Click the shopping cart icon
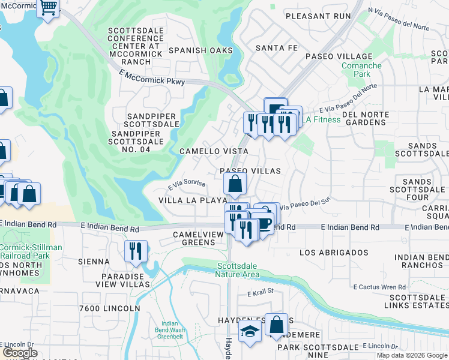click(x=47, y=8)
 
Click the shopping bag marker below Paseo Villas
click(x=236, y=184)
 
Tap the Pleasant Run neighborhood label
click(x=317, y=16)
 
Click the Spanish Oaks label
click(x=200, y=50)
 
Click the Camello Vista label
click(x=214, y=151)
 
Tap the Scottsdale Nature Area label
click(x=238, y=270)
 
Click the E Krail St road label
click(x=260, y=293)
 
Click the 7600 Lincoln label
click(x=109, y=308)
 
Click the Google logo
click(x=20, y=353)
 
